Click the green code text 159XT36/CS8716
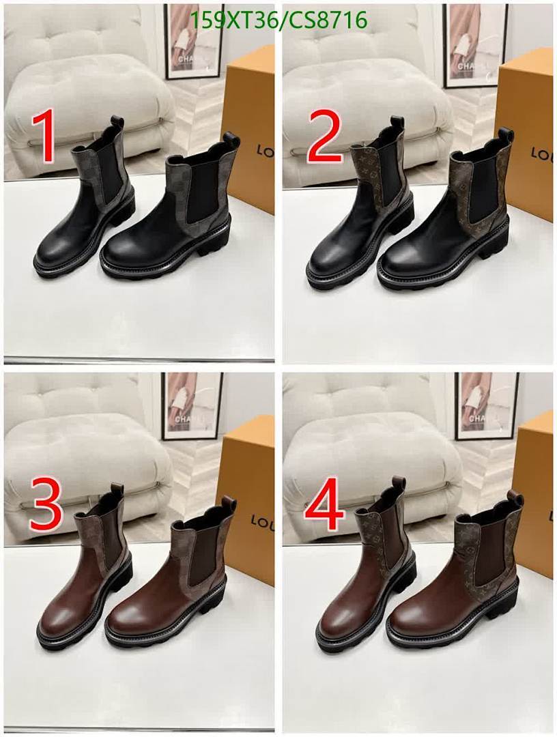coord(278,20)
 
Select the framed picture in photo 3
coord(191,405)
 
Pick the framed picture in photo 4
coord(486,405)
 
